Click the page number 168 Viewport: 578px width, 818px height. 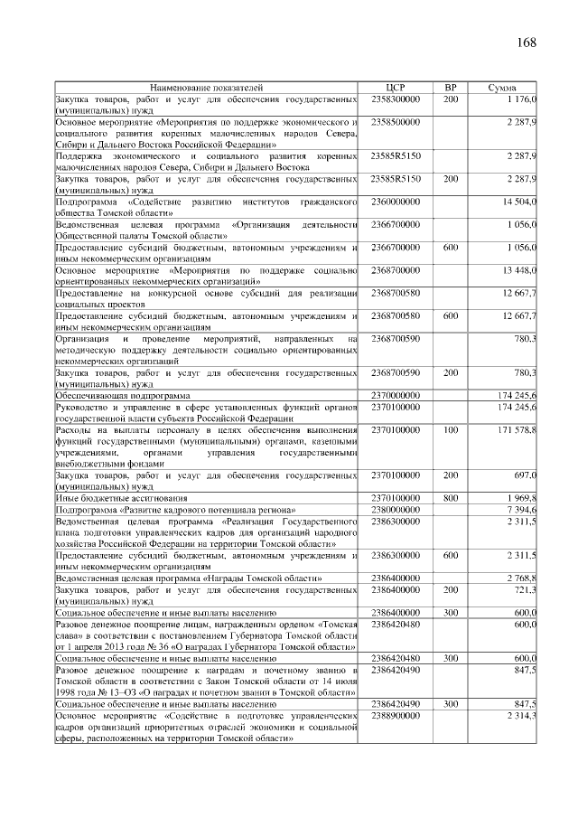527,43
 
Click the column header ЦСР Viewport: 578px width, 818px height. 396,88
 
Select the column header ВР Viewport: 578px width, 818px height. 451,88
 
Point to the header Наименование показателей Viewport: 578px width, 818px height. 207,88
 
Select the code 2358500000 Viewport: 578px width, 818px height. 396,120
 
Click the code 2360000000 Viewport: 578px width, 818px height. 396,201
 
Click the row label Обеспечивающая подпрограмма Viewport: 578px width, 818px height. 123,396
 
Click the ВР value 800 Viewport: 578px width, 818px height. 451,498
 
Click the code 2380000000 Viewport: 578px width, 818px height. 396,510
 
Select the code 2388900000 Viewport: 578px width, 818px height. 396,715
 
